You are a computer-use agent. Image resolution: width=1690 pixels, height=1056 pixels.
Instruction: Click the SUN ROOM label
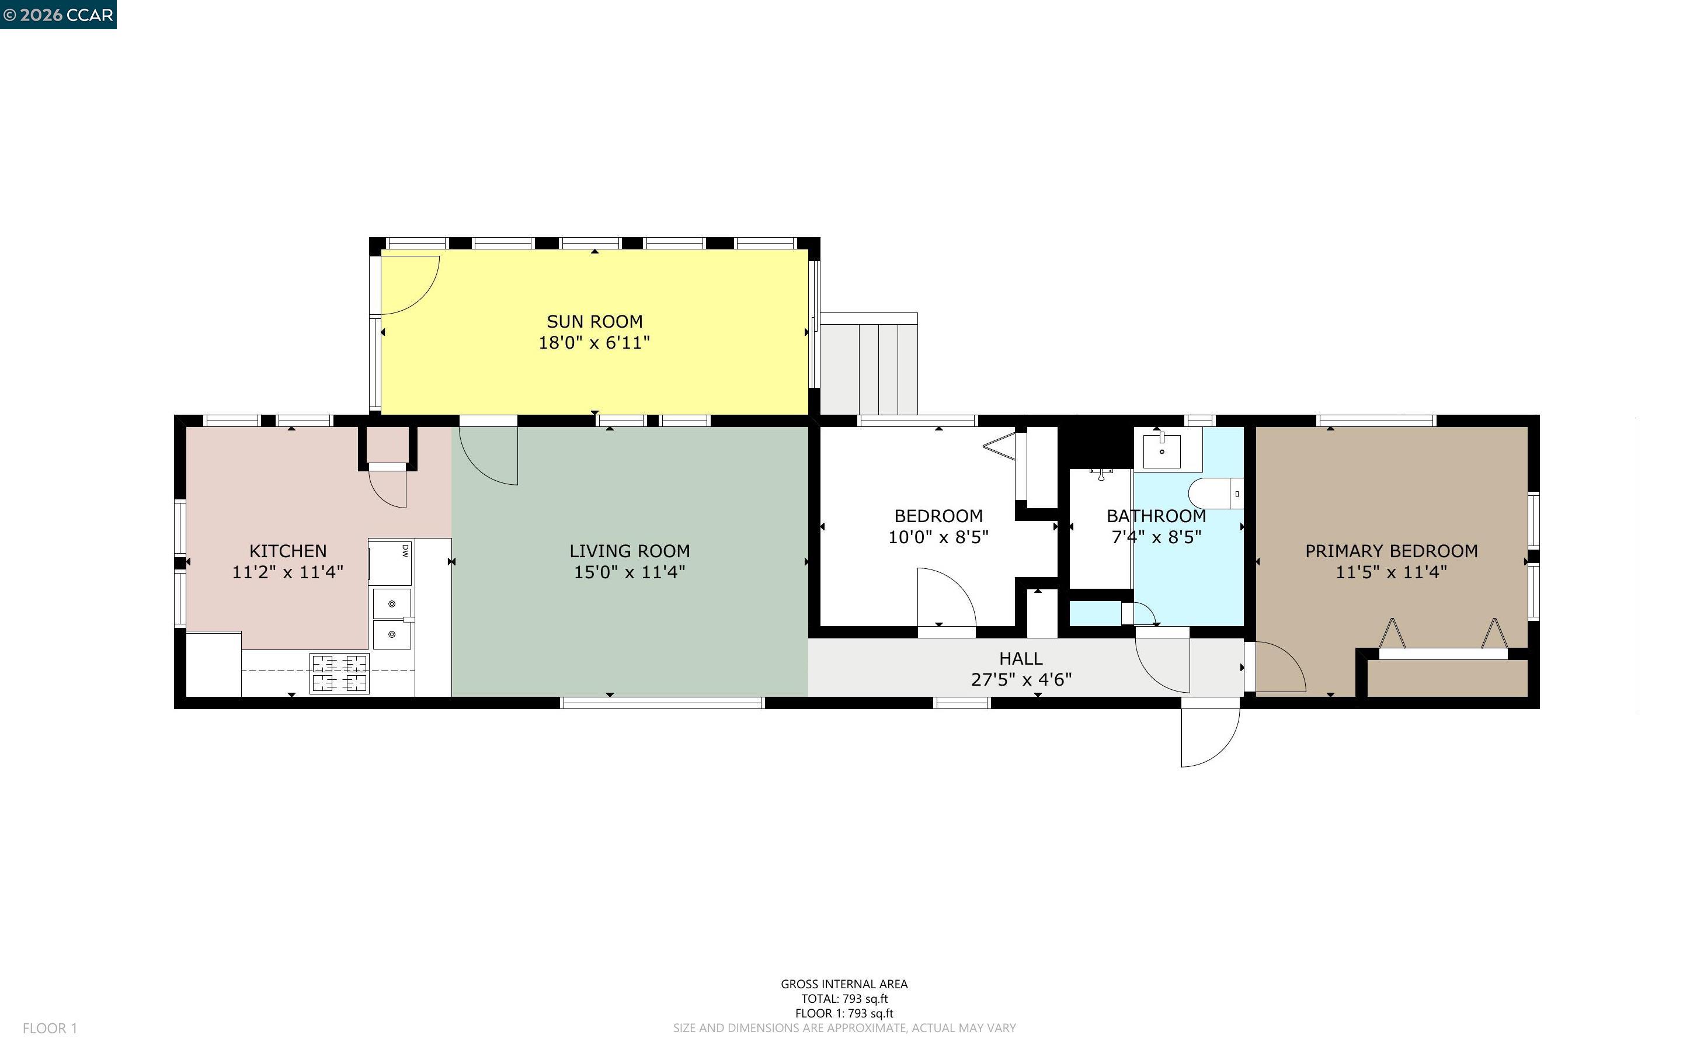[594, 321]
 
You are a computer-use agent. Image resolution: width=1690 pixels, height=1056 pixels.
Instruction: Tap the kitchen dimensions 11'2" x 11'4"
[287, 572]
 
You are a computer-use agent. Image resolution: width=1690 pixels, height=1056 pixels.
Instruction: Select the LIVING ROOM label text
[629, 551]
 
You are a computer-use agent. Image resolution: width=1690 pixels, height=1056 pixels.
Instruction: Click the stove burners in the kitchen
[339, 673]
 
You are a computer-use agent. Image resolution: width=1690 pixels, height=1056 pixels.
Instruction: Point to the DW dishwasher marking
[404, 550]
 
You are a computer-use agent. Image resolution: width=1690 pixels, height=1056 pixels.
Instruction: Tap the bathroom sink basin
[1162, 451]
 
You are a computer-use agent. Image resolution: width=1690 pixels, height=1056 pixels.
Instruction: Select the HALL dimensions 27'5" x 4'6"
[1021, 679]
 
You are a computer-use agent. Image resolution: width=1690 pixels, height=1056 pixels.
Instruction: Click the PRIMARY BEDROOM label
[1390, 551]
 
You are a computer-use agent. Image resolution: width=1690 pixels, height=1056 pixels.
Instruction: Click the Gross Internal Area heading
[843, 984]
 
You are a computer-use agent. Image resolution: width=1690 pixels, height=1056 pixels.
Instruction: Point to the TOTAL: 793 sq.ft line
[843, 999]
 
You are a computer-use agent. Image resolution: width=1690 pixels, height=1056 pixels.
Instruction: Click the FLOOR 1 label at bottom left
[50, 1028]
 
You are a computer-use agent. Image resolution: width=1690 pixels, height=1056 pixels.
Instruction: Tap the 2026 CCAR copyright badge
[58, 15]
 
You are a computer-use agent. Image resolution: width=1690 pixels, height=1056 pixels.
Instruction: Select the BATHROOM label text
[1156, 516]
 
